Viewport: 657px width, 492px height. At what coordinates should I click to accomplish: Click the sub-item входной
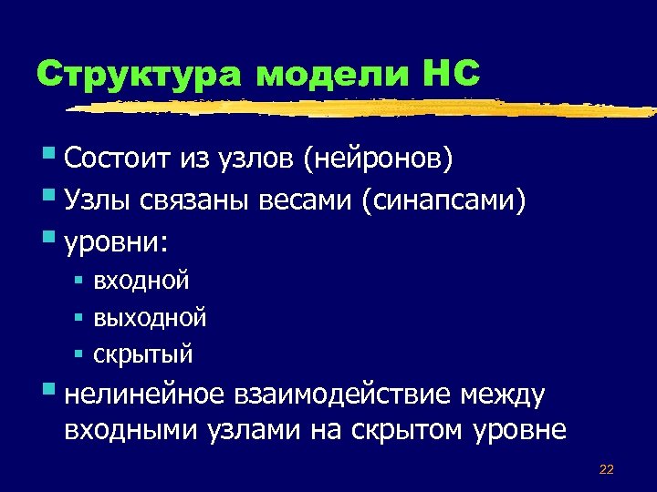tap(141, 282)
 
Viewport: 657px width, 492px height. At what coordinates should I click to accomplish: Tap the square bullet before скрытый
tap(79, 353)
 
